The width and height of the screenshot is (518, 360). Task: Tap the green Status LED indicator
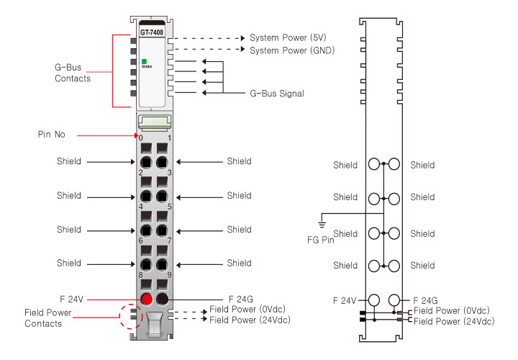[144, 62]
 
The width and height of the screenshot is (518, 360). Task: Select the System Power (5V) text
[287, 37]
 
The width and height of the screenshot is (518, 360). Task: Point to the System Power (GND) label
[291, 50]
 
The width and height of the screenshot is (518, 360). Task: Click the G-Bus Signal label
[276, 94]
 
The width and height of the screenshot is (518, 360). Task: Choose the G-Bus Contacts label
[73, 73]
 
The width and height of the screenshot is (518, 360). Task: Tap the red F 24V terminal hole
[145, 299]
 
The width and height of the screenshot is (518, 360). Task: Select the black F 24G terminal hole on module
[163, 299]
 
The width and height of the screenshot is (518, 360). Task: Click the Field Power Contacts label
[44, 319]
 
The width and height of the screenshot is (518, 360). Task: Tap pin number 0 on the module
[141, 138]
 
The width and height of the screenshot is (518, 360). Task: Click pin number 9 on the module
[169, 275]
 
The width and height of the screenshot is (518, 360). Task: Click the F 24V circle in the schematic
[373, 300]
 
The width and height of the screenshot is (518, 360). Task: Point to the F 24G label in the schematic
[426, 300]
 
